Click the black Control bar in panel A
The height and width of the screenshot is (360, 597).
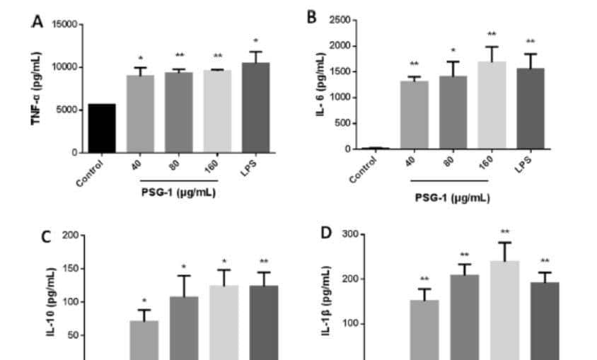(102, 128)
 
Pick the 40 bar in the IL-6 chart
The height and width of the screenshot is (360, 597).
(414, 115)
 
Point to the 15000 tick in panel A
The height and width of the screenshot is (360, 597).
(66, 25)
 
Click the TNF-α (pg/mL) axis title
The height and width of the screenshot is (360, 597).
(36, 88)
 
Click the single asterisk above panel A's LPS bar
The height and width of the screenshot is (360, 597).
(255, 41)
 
